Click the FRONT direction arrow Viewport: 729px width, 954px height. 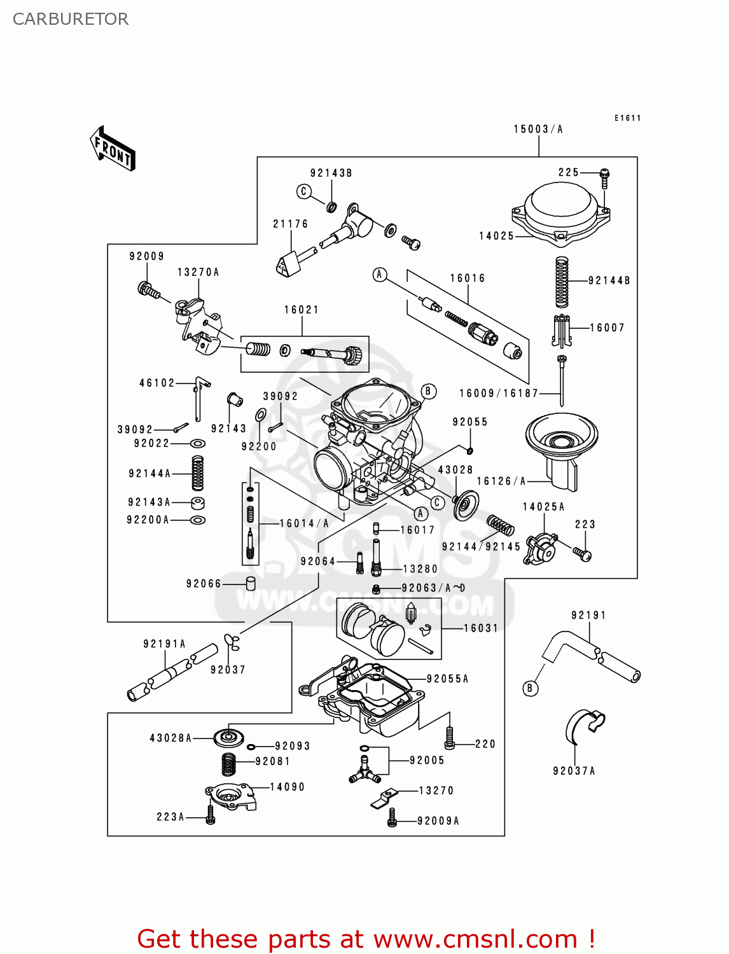[x=113, y=149]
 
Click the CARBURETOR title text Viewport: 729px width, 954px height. [x=71, y=19]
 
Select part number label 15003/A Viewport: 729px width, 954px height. [x=538, y=129]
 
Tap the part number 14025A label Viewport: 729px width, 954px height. [x=544, y=507]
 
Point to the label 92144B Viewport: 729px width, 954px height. [x=609, y=280]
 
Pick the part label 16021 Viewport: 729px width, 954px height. [x=302, y=310]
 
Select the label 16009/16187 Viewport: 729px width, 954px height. [x=499, y=393]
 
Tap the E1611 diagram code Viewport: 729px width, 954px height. [x=627, y=118]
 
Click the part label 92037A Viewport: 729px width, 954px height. [x=574, y=771]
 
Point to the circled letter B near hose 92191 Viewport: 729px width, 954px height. [x=530, y=688]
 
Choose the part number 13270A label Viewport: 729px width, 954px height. [x=198, y=272]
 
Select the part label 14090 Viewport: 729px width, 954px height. [x=288, y=787]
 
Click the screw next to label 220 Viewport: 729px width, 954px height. [x=450, y=738]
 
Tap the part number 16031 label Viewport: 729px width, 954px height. [x=481, y=628]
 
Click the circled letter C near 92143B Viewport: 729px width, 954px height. [x=304, y=191]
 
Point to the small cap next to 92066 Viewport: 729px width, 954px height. [x=251, y=583]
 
